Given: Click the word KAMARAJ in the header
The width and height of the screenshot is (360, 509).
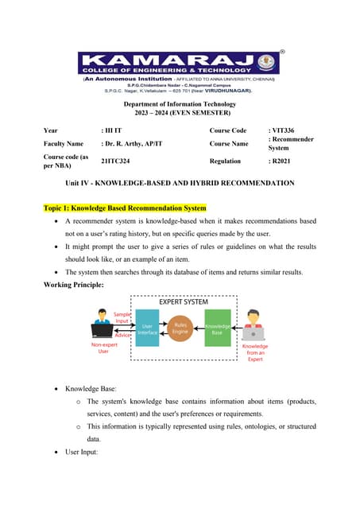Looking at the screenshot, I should (171, 60).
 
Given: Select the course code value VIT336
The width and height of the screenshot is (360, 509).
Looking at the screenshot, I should (284, 130).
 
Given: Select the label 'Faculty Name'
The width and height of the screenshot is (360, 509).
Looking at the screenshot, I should (64, 143).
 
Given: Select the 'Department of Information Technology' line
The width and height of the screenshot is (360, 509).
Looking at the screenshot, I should (180, 104).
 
